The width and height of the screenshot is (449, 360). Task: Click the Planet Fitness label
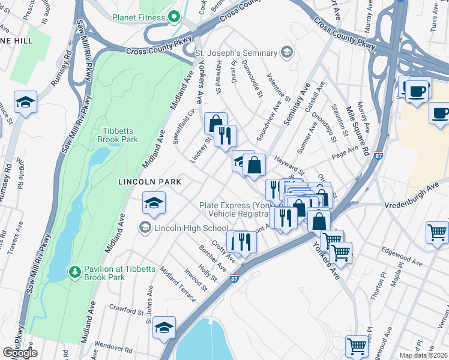click(138, 17)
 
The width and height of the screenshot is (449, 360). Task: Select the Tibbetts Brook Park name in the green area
click(118, 135)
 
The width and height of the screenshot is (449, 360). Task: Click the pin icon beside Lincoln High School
click(145, 227)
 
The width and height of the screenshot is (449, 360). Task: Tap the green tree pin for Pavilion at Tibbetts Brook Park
click(75, 273)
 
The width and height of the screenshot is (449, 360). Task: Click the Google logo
click(19, 353)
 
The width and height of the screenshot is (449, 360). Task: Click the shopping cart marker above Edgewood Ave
click(437, 232)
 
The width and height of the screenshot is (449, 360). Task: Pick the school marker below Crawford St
click(164, 328)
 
